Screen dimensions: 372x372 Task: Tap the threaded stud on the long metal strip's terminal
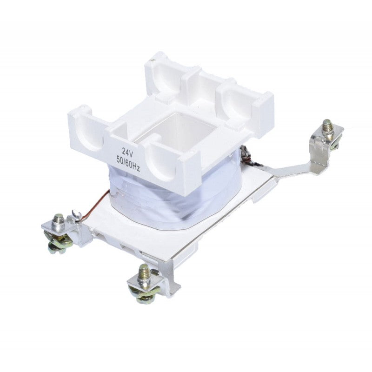(327, 127)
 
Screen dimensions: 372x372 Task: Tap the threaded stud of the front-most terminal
(145, 272)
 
